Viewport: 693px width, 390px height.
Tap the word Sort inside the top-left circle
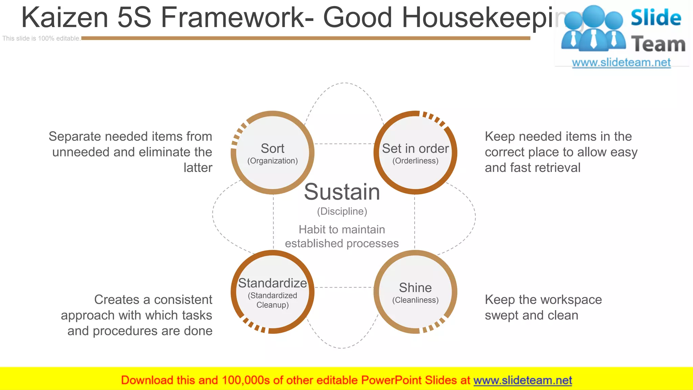pyautogui.click(x=272, y=149)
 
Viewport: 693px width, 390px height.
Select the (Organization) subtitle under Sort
pyautogui.click(x=272, y=161)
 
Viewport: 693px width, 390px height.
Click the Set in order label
pyautogui.click(x=415, y=149)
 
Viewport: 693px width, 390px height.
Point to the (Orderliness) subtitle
pyautogui.click(x=415, y=161)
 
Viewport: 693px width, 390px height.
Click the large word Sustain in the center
pyautogui.click(x=342, y=192)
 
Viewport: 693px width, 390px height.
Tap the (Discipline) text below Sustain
pyautogui.click(x=342, y=211)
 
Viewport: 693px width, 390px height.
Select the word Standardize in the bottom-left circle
pyautogui.click(x=272, y=283)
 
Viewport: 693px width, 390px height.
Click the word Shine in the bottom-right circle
pyautogui.click(x=415, y=288)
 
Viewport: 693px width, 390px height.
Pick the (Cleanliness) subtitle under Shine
pyautogui.click(x=415, y=300)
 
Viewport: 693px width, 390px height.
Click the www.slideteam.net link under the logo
pyautogui.click(x=621, y=63)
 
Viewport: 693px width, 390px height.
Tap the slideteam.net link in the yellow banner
pyautogui.click(x=522, y=380)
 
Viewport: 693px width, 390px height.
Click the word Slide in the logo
pyautogui.click(x=656, y=18)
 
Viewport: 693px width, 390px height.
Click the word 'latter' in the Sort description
pyautogui.click(x=198, y=168)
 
